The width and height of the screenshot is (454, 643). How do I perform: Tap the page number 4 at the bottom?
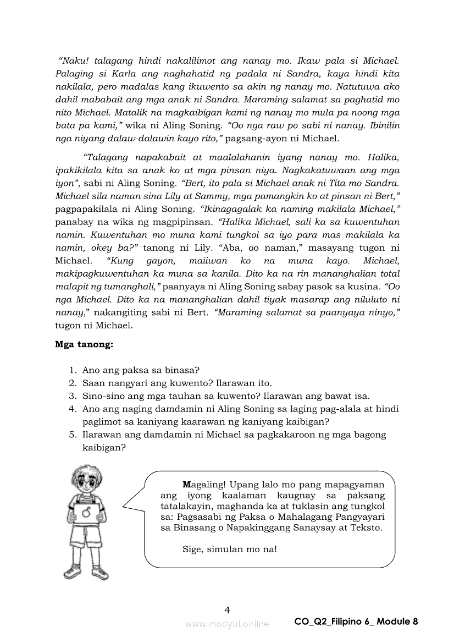227,609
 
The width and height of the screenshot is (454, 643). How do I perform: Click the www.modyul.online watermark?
227,624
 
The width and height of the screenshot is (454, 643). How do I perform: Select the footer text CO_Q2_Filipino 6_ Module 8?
356,622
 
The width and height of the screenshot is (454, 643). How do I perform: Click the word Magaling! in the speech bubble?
204,485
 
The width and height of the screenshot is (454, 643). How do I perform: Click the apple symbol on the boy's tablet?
86,513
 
